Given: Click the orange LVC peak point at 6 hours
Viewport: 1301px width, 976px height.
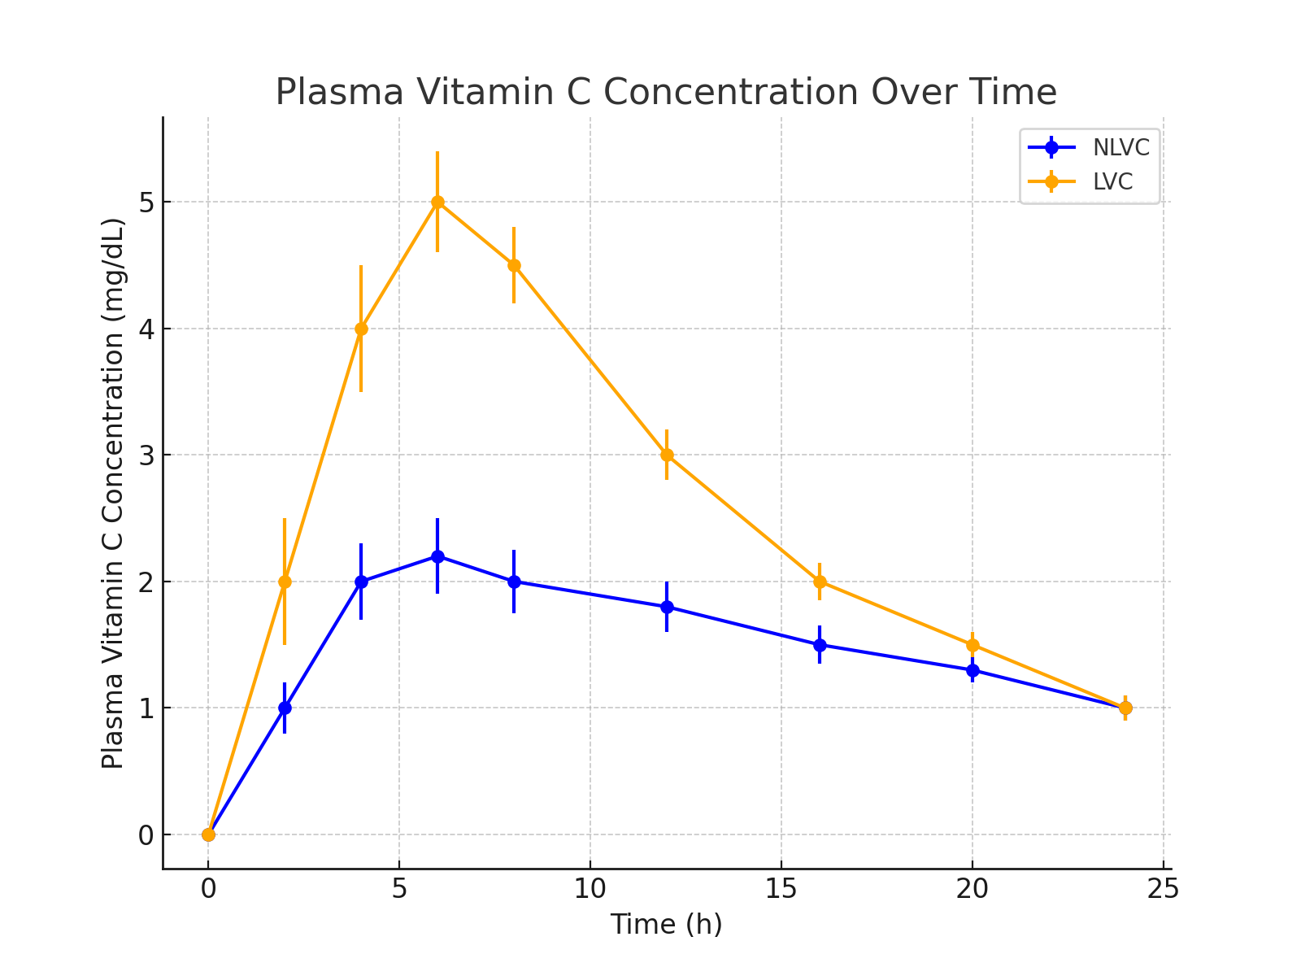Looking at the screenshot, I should click(x=437, y=202).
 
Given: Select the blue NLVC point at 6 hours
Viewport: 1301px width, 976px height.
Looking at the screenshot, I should click(x=437, y=556).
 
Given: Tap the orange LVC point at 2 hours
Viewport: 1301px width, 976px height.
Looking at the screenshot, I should click(x=285, y=582).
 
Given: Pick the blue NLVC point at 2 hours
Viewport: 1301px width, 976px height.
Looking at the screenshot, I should click(x=285, y=708).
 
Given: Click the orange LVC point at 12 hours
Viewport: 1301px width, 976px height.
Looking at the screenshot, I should click(x=667, y=455).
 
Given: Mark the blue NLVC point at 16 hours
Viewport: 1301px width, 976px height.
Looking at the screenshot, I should click(x=820, y=645).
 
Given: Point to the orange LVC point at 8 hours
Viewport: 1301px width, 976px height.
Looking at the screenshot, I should click(x=514, y=265).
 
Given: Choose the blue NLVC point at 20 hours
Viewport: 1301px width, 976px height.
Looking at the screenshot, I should click(x=972, y=670).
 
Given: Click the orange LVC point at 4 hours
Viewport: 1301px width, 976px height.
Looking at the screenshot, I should click(x=361, y=329).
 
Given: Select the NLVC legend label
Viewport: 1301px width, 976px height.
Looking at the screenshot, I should click(x=1120, y=148).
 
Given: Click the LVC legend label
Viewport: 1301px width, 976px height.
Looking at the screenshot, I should click(x=1112, y=182).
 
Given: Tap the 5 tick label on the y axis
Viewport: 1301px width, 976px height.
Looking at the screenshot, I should click(x=146, y=203).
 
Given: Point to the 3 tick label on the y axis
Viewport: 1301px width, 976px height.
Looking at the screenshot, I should click(x=146, y=455).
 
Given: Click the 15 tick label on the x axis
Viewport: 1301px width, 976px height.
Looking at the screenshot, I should click(x=781, y=889).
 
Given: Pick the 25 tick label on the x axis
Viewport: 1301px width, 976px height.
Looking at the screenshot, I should click(x=1163, y=889).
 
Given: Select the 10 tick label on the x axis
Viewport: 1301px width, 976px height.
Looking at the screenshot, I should click(x=590, y=889).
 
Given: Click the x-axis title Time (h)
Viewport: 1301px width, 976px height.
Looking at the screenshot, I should click(x=666, y=925).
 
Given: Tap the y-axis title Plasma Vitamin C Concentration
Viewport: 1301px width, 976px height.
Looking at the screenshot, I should click(x=113, y=493).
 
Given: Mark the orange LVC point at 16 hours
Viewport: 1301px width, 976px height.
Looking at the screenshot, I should click(x=820, y=582).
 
